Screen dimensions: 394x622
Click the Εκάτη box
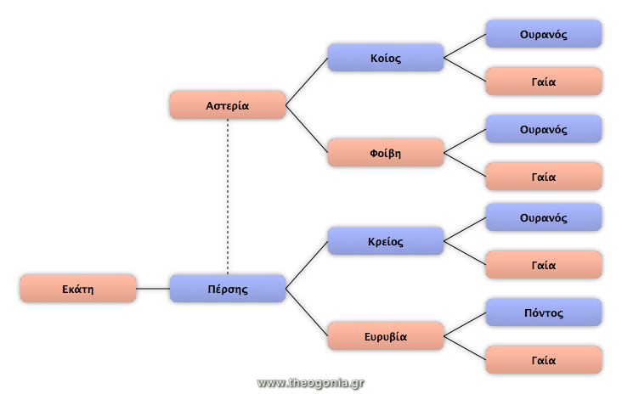point(77,289)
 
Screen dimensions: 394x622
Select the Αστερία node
point(227,105)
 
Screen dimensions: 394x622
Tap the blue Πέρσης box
point(227,289)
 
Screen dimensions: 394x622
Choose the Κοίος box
point(385,58)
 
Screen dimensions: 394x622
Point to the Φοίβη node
point(385,153)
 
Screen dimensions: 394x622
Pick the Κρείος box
point(385,241)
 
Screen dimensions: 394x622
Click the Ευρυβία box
point(385,336)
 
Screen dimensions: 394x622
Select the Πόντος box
point(543,312)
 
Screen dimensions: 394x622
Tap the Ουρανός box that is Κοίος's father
point(543,34)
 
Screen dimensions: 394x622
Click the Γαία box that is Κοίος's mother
point(543,82)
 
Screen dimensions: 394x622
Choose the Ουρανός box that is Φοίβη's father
point(543,129)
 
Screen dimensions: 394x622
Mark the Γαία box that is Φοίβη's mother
point(543,177)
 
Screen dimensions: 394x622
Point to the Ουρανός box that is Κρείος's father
point(543,217)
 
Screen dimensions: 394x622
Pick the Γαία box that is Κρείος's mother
point(543,265)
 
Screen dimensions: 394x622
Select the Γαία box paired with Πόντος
point(543,360)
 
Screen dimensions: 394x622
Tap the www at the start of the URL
point(269,383)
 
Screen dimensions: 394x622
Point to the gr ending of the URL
point(357,383)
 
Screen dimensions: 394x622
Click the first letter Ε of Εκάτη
point(65,289)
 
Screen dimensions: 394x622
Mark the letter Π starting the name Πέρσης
point(211,289)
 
